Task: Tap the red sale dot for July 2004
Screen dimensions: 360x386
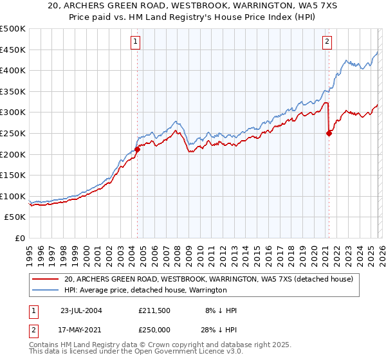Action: [137, 149]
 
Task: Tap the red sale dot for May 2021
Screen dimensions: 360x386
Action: [329, 133]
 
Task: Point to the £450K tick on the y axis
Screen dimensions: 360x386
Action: [14, 50]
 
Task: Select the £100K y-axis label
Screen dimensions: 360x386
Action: [14, 196]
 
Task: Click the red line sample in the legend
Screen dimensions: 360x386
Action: [46, 280]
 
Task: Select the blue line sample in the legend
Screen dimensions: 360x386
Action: [46, 290]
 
